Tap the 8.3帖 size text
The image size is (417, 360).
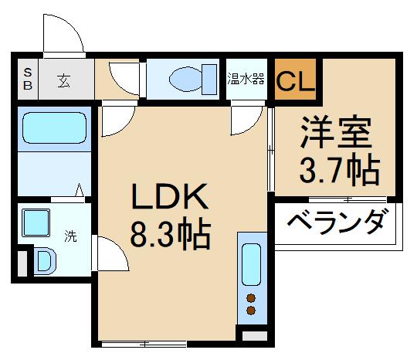pyautogui.click(x=170, y=236)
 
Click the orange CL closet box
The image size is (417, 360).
pyautogui.click(x=295, y=80)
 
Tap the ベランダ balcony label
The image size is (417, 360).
pyautogui.click(x=337, y=224)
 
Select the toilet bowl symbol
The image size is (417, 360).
pyautogui.click(x=188, y=78)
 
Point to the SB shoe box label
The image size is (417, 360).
pyautogui.click(x=27, y=79)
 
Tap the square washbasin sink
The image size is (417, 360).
pyautogui.click(x=36, y=223)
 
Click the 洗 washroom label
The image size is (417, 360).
pyautogui.click(x=70, y=237)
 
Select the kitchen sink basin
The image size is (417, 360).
pyautogui.click(x=252, y=265)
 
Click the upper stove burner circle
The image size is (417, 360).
pyautogui.click(x=251, y=297)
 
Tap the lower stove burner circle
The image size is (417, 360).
pyautogui.click(x=251, y=311)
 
